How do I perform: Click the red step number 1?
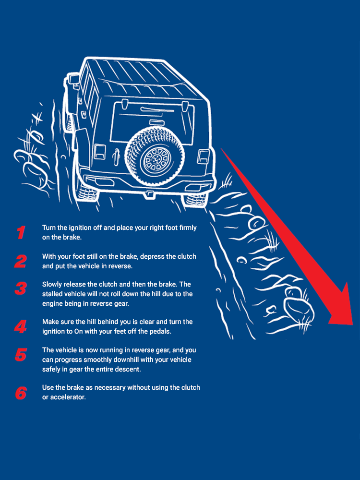click(21, 233)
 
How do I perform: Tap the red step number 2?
click(21, 262)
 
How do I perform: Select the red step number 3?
click(21, 288)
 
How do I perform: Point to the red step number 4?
click(21, 326)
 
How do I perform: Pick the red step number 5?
click(21, 355)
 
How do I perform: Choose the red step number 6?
click(21, 393)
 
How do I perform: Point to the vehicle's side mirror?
click(74, 79)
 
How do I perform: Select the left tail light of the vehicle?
click(99, 152)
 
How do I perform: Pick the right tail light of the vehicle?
click(203, 156)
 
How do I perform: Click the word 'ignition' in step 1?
click(81, 228)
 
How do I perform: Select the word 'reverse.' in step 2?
click(121, 266)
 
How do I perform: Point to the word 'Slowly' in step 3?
click(52, 284)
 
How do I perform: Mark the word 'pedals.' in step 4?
click(160, 331)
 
